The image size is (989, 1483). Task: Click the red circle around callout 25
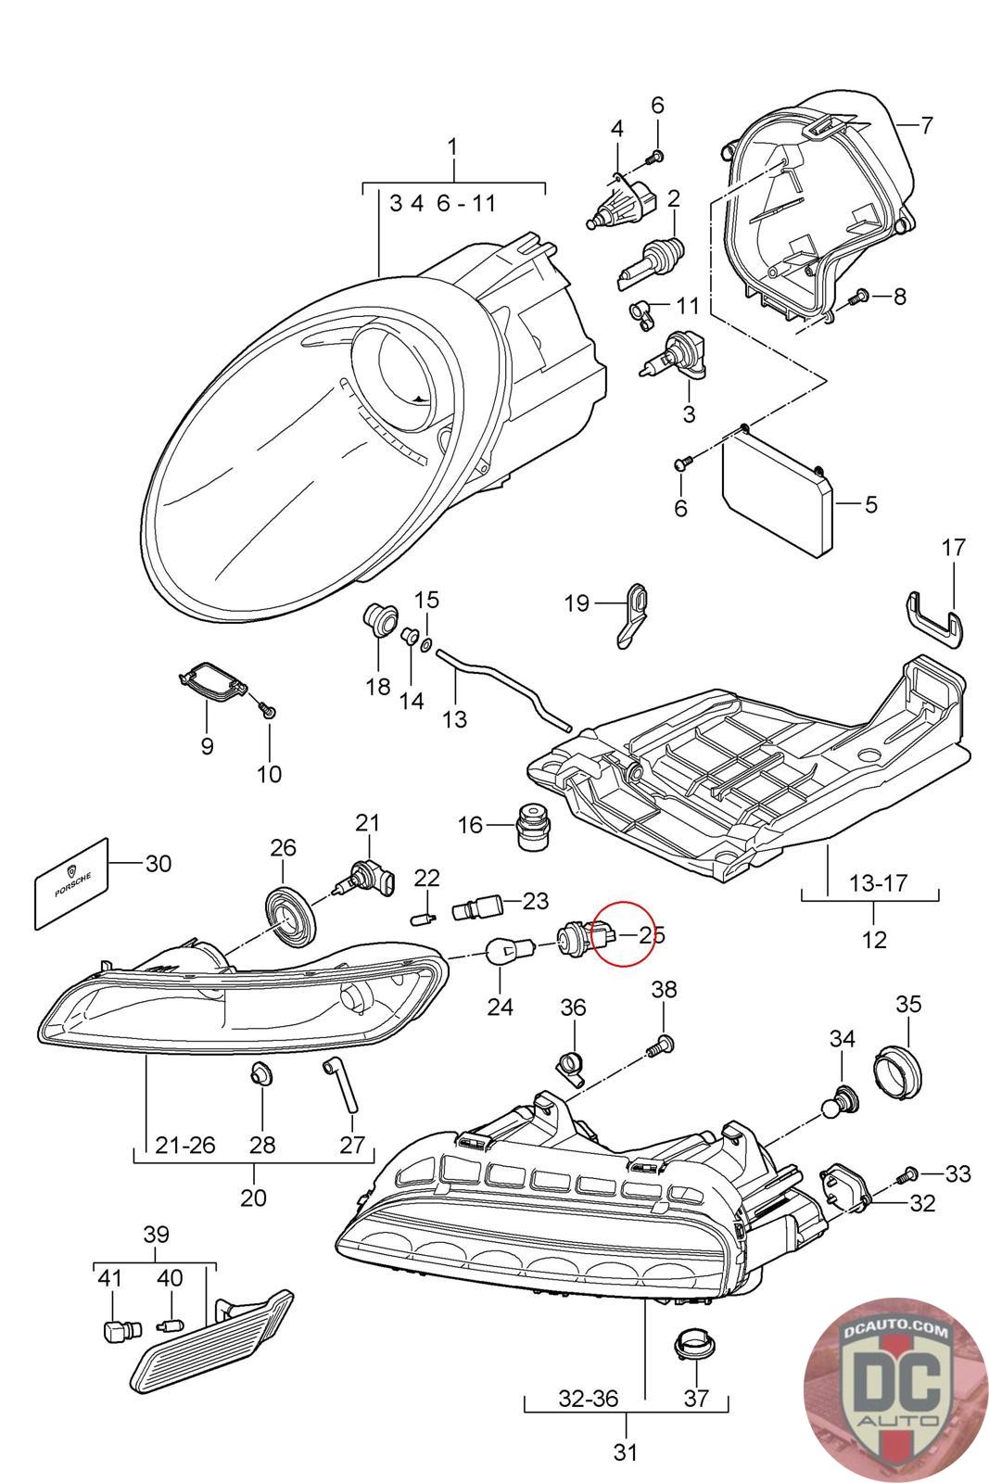[x=622, y=933]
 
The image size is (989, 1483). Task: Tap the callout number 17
[x=953, y=547]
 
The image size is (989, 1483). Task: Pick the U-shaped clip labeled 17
[x=934, y=620]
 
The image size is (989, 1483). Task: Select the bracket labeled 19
[x=633, y=615]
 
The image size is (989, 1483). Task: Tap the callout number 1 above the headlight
[x=453, y=146]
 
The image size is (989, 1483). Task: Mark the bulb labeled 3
[x=674, y=357]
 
